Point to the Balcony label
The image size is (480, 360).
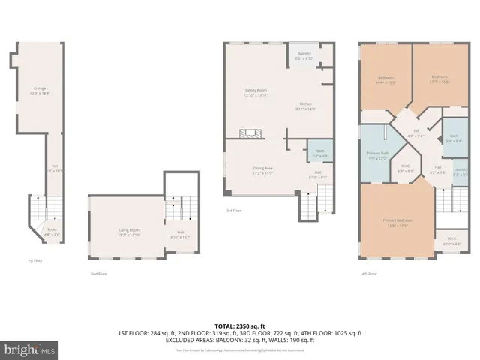coord(304,55)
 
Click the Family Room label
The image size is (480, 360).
coord(256,92)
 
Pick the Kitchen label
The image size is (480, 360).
coord(305,105)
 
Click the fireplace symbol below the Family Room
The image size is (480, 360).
coord(250,133)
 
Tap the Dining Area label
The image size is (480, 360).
coord(262,171)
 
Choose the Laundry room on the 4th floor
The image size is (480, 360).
coord(460,173)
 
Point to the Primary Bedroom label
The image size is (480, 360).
coord(397,222)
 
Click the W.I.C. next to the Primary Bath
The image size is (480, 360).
coord(406,168)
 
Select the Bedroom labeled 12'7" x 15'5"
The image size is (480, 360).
coord(439,78)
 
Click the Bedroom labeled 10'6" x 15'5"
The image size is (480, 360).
coord(385,79)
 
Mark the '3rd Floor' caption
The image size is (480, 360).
coord(233,211)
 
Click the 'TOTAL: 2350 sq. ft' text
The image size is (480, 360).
coord(239,325)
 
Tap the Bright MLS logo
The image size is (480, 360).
coord(30,349)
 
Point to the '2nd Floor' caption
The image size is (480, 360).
coord(98,274)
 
